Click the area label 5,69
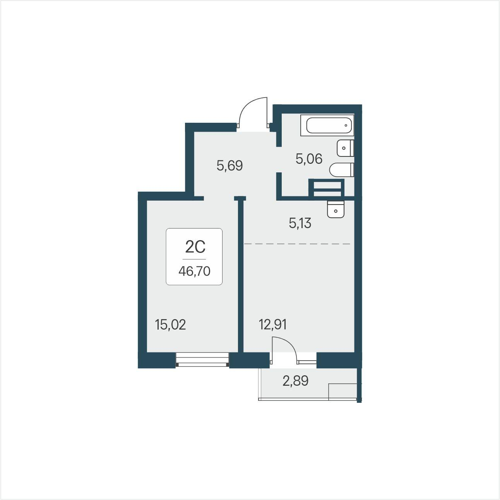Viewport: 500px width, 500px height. pyautogui.click(x=229, y=165)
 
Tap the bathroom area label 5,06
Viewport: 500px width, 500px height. pyautogui.click(x=309, y=159)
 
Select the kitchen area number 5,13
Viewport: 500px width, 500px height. pyautogui.click(x=300, y=223)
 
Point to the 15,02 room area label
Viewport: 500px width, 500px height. pyautogui.click(x=171, y=325)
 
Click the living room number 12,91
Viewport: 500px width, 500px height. pyautogui.click(x=273, y=325)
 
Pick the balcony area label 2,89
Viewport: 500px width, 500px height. pyautogui.click(x=295, y=381)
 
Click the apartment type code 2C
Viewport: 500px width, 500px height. pyautogui.click(x=195, y=247)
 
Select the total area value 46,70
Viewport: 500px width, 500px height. pyautogui.click(x=194, y=271)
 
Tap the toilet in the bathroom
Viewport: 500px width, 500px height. pyautogui.click(x=341, y=170)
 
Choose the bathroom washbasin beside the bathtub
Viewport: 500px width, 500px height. pyautogui.click(x=345, y=148)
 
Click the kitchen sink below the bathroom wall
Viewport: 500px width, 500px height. pyautogui.click(x=336, y=209)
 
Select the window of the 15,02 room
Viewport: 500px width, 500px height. pyautogui.click(x=202, y=359)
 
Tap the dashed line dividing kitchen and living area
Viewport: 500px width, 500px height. pyautogui.click(x=297, y=244)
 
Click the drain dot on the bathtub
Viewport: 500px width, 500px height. pyautogui.click(x=346, y=125)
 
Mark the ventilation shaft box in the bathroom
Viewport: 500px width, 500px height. pyautogui.click(x=326, y=187)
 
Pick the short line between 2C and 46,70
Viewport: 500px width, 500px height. pyautogui.click(x=194, y=259)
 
